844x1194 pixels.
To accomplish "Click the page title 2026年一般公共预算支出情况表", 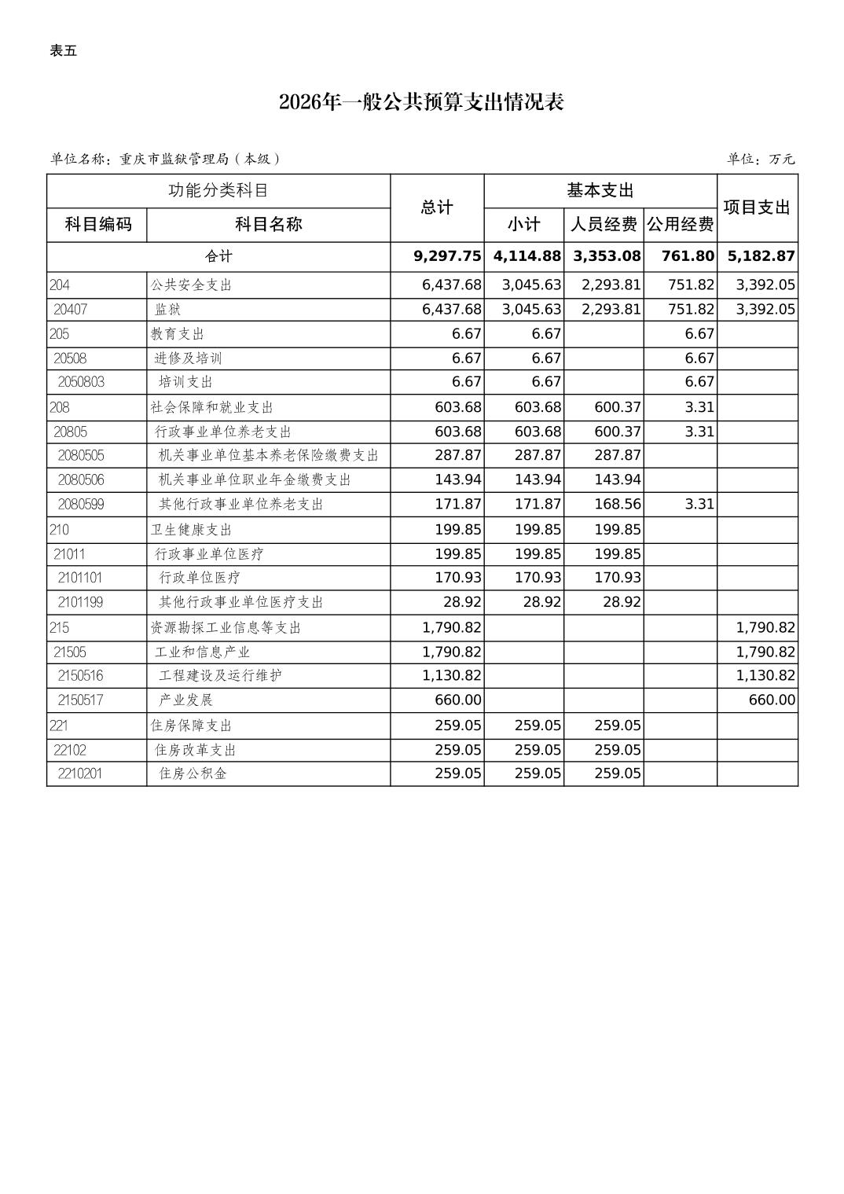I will click(x=421, y=103).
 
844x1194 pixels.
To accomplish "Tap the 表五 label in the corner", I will click(x=64, y=51).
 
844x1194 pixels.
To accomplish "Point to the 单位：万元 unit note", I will click(x=761, y=159).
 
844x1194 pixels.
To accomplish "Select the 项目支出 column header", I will click(x=757, y=208).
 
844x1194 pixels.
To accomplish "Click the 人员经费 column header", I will click(x=603, y=225).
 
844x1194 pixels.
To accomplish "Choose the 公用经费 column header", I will click(x=680, y=225).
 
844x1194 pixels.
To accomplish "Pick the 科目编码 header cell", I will click(x=97, y=225).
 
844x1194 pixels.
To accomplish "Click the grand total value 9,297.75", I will click(x=447, y=256).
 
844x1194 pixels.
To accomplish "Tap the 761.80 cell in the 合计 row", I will click(x=689, y=256).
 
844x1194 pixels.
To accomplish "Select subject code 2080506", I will click(x=81, y=479).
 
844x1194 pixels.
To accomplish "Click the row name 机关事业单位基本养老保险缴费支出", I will click(x=269, y=456).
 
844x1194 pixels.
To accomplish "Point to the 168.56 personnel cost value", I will click(x=618, y=504).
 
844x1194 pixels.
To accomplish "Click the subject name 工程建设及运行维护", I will click(x=220, y=675).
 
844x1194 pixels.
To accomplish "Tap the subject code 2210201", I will click(x=80, y=773).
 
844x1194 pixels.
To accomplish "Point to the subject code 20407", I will click(x=71, y=310).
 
